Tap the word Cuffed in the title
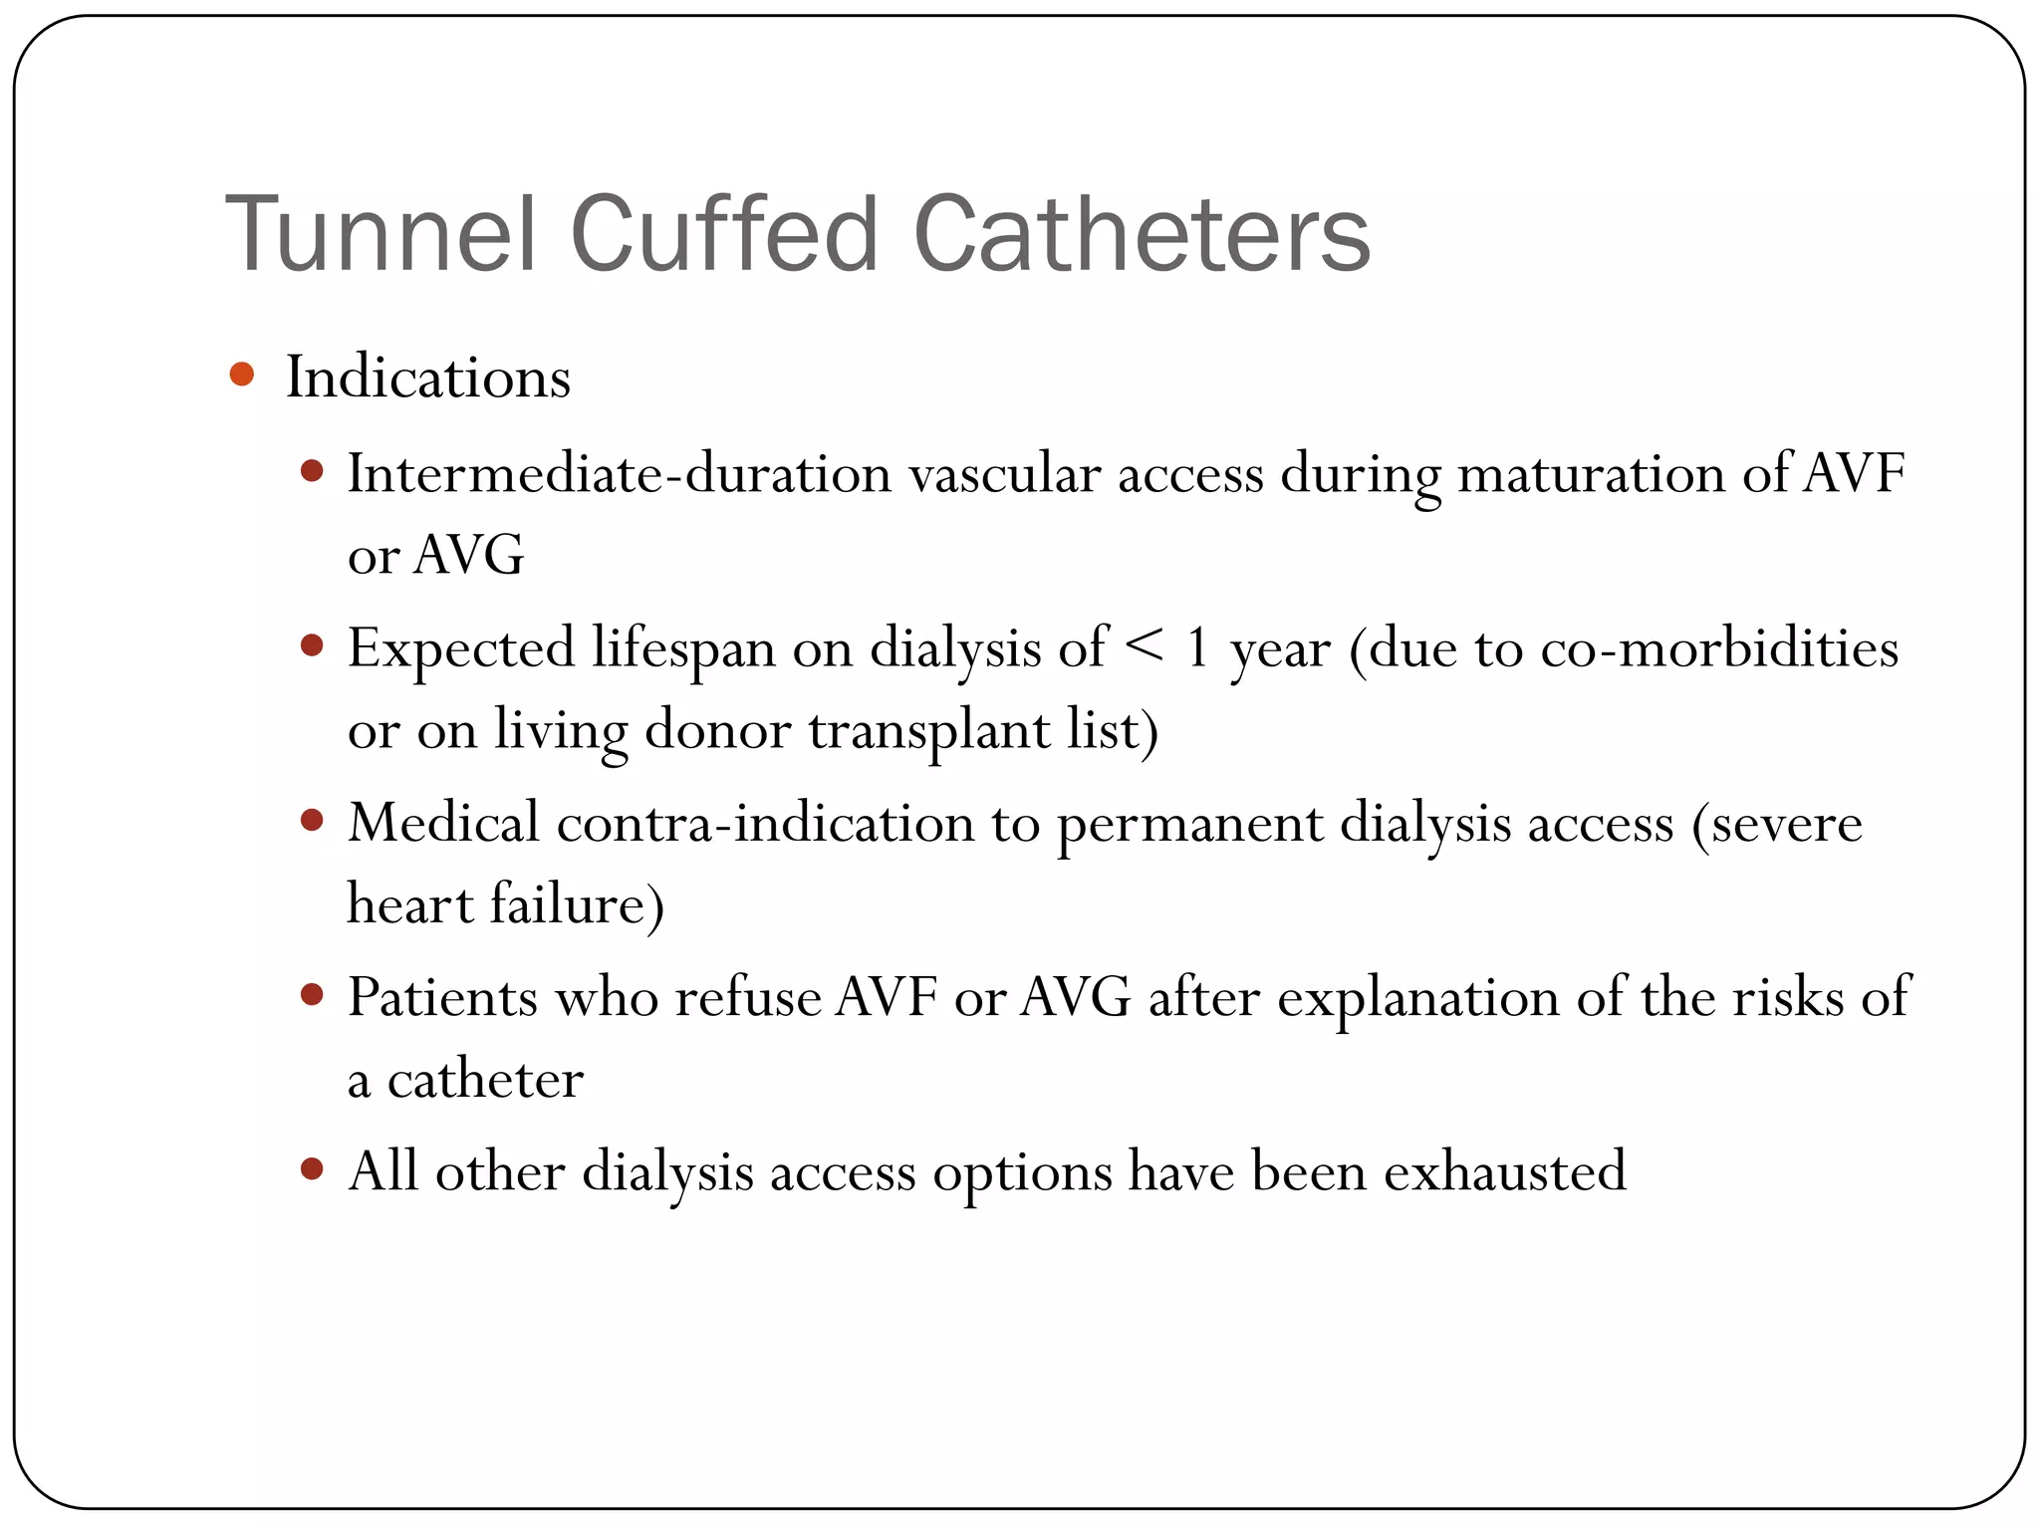tap(724, 235)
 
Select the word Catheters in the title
tap(1142, 235)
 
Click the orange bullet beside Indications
tap(241, 376)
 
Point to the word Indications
tap(428, 378)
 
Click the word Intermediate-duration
tap(619, 473)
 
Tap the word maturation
tap(1591, 473)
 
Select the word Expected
tap(461, 649)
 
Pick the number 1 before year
tap(1197, 647)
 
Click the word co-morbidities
tap(1719, 648)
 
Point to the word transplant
tap(929, 731)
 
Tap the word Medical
tap(443, 824)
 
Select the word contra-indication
tap(765, 824)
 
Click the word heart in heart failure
tap(409, 904)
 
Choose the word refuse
tap(748, 997)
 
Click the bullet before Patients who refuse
tap(312, 994)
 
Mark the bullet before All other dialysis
tap(312, 1168)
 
